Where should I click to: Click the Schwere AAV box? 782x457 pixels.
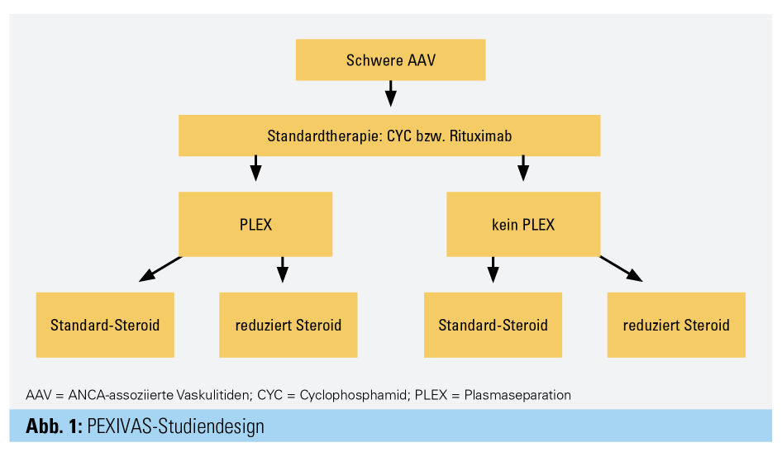390,60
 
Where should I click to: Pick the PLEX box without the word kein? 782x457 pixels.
255,224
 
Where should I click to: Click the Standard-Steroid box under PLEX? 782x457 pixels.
105,324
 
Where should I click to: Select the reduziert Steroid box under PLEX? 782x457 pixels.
288,324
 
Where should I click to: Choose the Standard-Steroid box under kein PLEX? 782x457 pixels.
493,324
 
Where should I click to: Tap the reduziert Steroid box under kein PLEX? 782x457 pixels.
676,324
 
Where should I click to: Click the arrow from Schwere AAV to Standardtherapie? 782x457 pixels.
391,93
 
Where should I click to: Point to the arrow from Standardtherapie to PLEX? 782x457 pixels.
255,168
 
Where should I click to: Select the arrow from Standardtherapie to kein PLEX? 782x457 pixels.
523,168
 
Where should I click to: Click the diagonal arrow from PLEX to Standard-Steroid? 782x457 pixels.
160,269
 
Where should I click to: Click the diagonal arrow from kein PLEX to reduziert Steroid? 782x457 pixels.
621,269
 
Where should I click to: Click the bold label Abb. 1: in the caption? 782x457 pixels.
54,426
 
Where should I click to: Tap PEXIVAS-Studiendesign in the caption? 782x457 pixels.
175,426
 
